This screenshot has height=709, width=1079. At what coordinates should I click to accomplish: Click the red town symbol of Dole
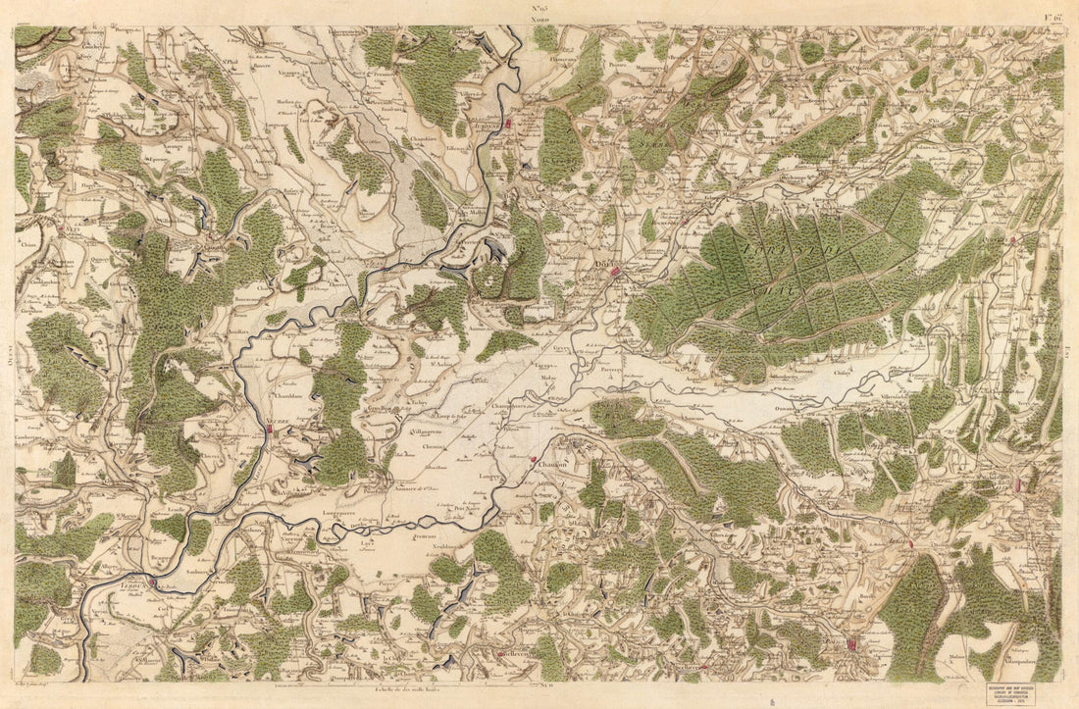616,272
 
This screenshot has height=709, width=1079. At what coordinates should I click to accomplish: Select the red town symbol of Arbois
911,542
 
